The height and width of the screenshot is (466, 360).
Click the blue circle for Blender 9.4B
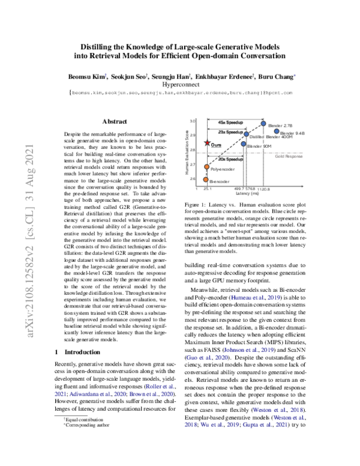click(x=275, y=131)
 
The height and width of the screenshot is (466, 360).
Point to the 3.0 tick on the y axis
click(x=194, y=121)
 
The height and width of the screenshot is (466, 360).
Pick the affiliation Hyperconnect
click(x=180, y=86)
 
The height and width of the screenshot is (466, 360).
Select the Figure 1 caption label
click(x=200, y=205)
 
